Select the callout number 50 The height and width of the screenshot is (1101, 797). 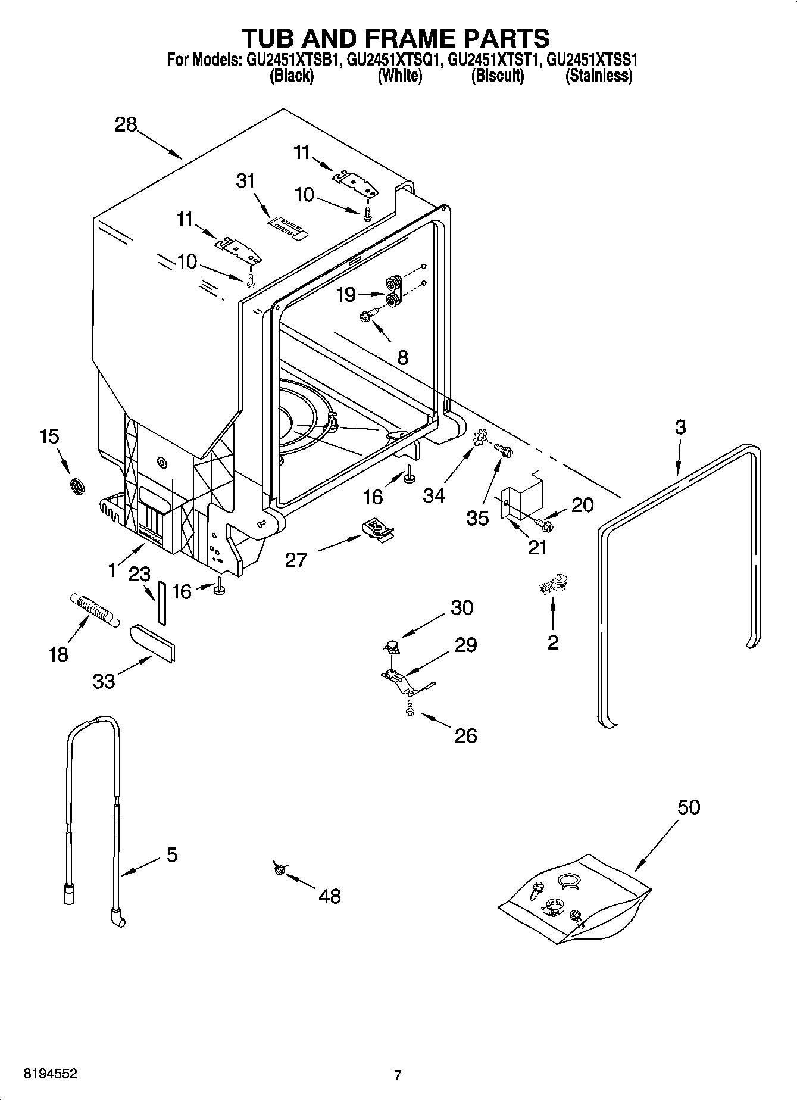(689, 807)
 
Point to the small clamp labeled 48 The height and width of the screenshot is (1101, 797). (278, 869)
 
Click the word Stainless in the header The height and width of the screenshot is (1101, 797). (598, 76)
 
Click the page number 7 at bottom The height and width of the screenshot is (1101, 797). (398, 1075)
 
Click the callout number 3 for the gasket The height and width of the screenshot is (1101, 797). (680, 427)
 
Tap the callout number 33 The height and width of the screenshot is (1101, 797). (104, 681)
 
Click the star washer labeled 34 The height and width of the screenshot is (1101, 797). (480, 440)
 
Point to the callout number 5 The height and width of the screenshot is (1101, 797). (171, 855)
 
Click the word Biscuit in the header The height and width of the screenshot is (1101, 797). (497, 76)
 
